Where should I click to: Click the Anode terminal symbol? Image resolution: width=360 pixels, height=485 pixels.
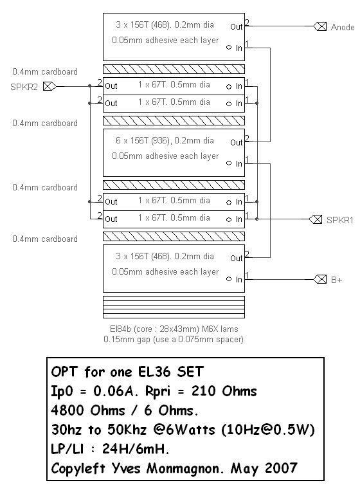(x=320, y=26)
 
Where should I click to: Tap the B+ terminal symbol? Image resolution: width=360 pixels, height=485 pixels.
(x=320, y=279)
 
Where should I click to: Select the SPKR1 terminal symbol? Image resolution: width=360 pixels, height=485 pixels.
(x=316, y=219)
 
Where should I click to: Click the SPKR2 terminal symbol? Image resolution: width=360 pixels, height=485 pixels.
(x=50, y=86)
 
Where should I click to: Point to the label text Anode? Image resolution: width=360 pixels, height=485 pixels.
(x=343, y=27)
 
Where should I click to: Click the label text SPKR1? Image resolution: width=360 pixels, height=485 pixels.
(x=339, y=220)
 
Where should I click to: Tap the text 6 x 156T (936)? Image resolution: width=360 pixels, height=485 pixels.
(x=143, y=140)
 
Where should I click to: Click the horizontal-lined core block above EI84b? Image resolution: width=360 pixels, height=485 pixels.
(x=174, y=307)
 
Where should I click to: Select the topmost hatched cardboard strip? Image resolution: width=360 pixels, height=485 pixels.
(x=174, y=69)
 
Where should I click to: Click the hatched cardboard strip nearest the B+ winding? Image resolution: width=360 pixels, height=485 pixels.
(x=174, y=236)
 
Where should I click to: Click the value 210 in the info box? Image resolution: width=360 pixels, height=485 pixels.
(x=204, y=391)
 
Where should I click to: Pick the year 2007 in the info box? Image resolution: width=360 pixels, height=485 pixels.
(x=281, y=468)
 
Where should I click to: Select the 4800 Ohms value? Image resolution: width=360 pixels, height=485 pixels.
(x=88, y=410)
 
